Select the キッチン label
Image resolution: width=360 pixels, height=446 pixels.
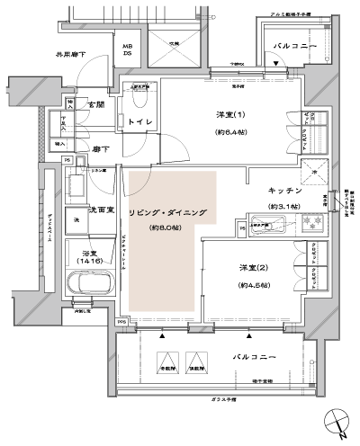click(x=285, y=192)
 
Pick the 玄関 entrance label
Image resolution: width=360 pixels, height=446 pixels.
click(x=96, y=106)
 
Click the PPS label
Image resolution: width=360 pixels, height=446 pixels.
click(x=121, y=322)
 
